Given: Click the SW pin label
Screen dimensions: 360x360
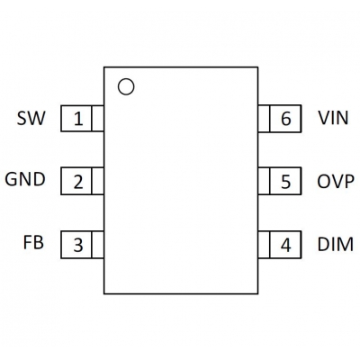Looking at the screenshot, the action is pos(31,118).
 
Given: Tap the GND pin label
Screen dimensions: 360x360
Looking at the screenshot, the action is pos(25,179).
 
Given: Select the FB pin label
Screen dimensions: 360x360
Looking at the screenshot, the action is pos(33,242).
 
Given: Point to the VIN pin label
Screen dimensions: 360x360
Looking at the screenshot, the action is pos(333,118).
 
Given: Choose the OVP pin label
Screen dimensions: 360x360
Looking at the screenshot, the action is pos(336,182).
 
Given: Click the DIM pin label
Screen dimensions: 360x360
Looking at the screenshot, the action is pos(336,244).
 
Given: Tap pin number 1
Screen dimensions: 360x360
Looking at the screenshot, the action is pos(78,119).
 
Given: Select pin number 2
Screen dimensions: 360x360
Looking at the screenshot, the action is pos(78,182).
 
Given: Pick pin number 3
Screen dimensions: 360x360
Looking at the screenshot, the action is pos(78,245).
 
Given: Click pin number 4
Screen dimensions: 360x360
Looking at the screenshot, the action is pos(285,245).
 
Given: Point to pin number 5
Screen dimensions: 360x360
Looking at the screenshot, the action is pos(285,182).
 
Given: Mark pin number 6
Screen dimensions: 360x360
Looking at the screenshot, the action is pos(285,119).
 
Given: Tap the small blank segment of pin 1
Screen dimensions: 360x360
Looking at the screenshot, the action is pos(97,119).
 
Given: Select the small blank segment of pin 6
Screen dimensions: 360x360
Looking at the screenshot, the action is pos(264,119).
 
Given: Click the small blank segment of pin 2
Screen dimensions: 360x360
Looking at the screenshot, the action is pos(97,181).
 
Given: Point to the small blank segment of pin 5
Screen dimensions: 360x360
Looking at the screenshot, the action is pos(264,181).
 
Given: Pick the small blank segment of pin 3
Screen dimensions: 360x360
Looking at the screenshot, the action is pos(97,245).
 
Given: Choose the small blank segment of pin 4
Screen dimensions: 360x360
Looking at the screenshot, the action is pos(264,245).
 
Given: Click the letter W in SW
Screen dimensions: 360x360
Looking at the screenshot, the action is pos(36,118).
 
